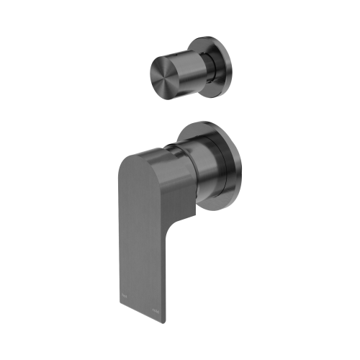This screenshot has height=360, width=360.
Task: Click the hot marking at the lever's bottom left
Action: tap(124, 297)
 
